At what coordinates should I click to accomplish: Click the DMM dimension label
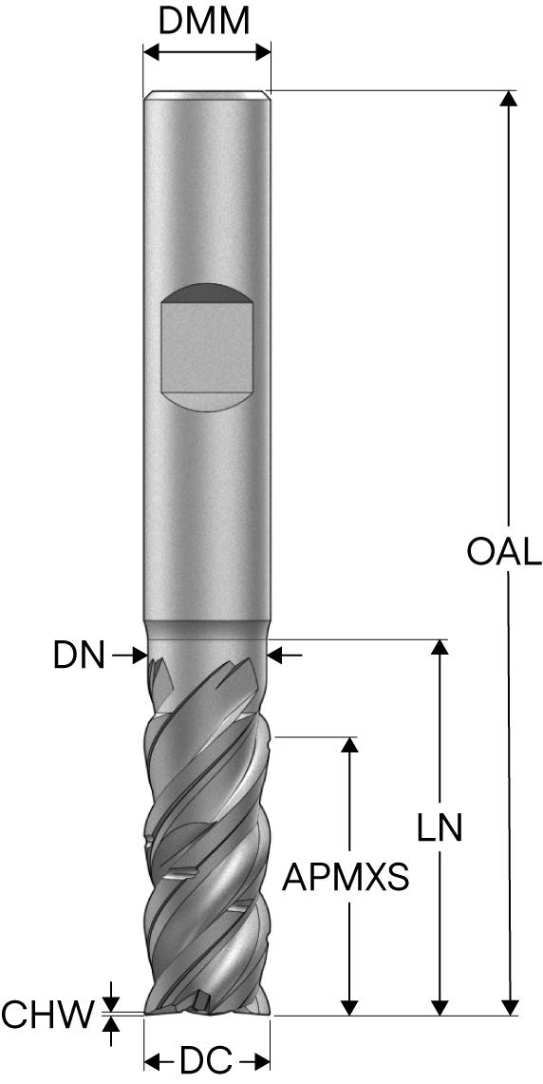pos(203,22)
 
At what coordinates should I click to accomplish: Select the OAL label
pos(504,552)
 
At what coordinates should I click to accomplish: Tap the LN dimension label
pos(440,827)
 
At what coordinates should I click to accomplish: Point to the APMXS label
pos(346,878)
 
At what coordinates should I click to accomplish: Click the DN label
pos(79,656)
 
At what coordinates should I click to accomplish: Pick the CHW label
pos(47,1015)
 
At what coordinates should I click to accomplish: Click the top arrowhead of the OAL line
pos(509,98)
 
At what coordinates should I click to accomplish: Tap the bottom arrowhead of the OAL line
pos(509,1007)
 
